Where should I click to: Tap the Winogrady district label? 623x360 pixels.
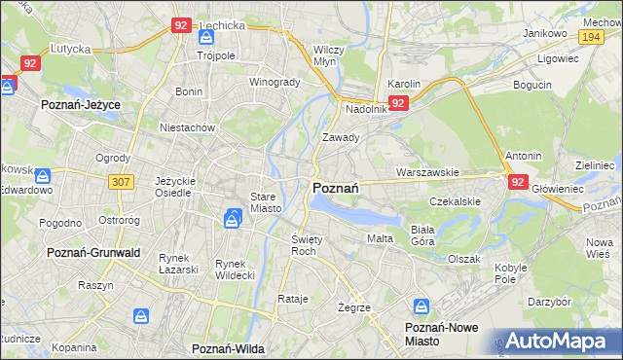275,82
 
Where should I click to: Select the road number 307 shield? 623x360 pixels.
122,182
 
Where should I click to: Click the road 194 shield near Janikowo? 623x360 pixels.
589,35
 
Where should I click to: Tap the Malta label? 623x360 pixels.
379,238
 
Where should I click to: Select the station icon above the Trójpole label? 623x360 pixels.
205,37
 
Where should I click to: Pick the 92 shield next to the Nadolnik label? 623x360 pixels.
398,103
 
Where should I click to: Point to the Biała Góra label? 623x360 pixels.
421,234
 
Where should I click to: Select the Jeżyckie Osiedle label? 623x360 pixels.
178,186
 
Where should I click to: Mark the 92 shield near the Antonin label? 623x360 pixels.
517,181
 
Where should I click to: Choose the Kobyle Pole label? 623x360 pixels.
511,272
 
